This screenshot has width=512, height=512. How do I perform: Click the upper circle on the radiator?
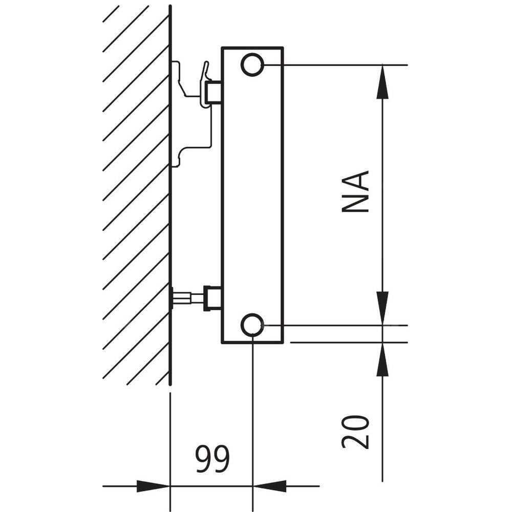[252, 65]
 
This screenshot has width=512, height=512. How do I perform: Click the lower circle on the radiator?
[252, 325]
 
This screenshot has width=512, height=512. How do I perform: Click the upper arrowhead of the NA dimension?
[382, 82]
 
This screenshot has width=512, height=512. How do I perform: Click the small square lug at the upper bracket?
[213, 93]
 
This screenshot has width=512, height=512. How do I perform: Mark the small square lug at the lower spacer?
[213, 298]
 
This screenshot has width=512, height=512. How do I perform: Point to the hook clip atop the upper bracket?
[206, 72]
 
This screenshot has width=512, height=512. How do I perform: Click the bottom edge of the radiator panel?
[252, 342]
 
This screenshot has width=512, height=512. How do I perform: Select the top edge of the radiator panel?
[252, 48]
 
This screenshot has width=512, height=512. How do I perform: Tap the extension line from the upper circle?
[333, 65]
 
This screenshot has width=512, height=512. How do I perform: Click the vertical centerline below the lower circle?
[252, 410]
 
